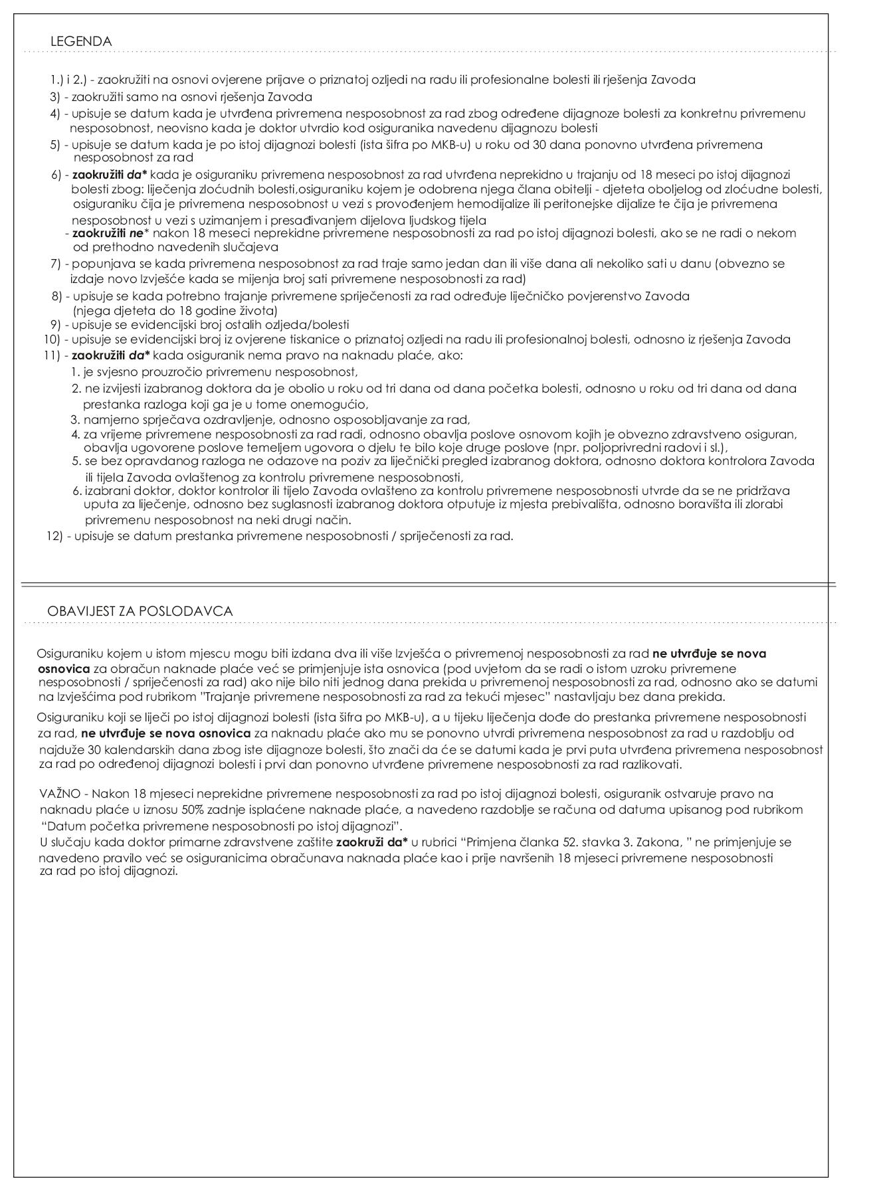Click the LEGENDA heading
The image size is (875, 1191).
click(x=80, y=42)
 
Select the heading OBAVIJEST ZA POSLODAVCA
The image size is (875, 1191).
click(x=140, y=611)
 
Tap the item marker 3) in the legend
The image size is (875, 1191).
click(x=56, y=96)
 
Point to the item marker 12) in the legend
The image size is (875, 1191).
click(x=54, y=536)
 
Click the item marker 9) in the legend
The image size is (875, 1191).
click(x=56, y=325)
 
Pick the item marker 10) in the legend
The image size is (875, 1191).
click(x=53, y=339)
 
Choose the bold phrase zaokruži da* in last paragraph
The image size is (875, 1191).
click(x=372, y=842)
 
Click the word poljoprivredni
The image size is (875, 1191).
click(x=615, y=447)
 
